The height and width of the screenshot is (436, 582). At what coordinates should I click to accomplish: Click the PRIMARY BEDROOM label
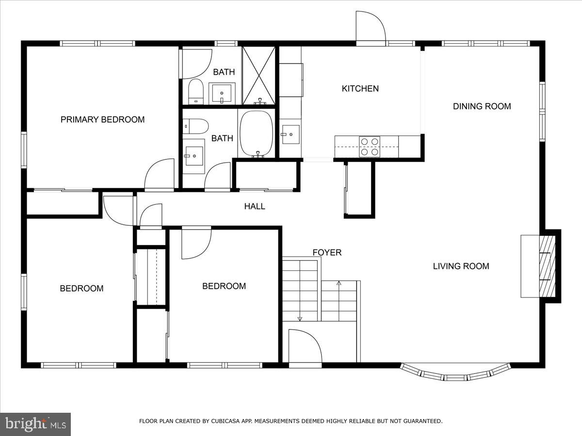pyautogui.click(x=102, y=120)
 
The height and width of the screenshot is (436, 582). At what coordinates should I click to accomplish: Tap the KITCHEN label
pyautogui.click(x=360, y=89)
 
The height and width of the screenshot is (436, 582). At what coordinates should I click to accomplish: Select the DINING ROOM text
pyautogui.click(x=482, y=107)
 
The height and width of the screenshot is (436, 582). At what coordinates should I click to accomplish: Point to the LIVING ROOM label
pyautogui.click(x=461, y=266)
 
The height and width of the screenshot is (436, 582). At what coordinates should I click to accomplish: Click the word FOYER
pyautogui.click(x=327, y=252)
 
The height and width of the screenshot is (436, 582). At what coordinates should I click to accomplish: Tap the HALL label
pyautogui.click(x=255, y=206)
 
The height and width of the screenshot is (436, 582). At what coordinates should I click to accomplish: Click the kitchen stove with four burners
pyautogui.click(x=369, y=146)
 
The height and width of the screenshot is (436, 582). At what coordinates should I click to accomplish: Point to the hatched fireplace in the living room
pyautogui.click(x=546, y=266)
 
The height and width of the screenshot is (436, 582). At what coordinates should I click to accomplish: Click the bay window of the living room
pyautogui.click(x=455, y=374)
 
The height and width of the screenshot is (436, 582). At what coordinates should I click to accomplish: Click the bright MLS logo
pyautogui.click(x=35, y=424)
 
